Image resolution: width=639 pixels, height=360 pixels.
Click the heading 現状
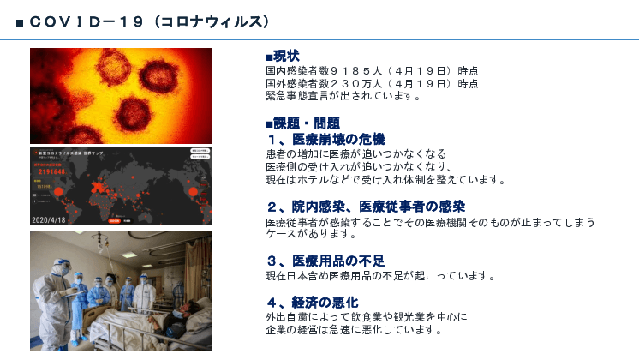point(286,57)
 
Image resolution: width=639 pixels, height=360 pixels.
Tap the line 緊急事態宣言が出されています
point(343,95)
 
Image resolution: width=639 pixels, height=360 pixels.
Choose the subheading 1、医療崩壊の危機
point(325,139)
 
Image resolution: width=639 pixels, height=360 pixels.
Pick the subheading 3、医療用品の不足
point(325,261)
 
